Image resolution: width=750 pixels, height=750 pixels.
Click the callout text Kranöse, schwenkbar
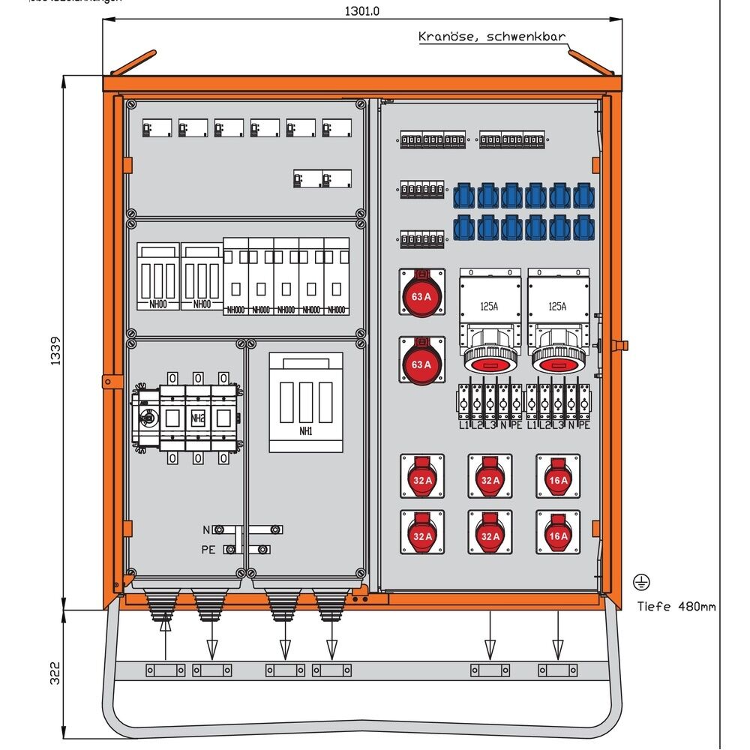pos(491,37)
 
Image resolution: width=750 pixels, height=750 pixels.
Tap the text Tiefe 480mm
pos(676,606)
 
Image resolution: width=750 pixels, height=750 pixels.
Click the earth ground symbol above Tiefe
pos(641,581)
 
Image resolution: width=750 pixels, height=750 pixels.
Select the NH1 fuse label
pos(305,432)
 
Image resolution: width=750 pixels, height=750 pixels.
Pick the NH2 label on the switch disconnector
pos(198,418)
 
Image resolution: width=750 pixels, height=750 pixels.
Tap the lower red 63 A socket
pos(421,364)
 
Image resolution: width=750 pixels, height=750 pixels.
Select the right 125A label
pos(557,306)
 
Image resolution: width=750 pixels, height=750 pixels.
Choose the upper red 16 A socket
pos(557,479)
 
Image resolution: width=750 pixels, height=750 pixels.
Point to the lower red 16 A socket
pos(557,535)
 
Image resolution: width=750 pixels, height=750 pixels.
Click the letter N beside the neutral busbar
pos(206,529)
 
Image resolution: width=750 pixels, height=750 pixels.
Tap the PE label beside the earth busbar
pos(208,550)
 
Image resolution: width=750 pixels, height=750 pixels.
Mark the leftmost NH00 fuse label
pos(158,304)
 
